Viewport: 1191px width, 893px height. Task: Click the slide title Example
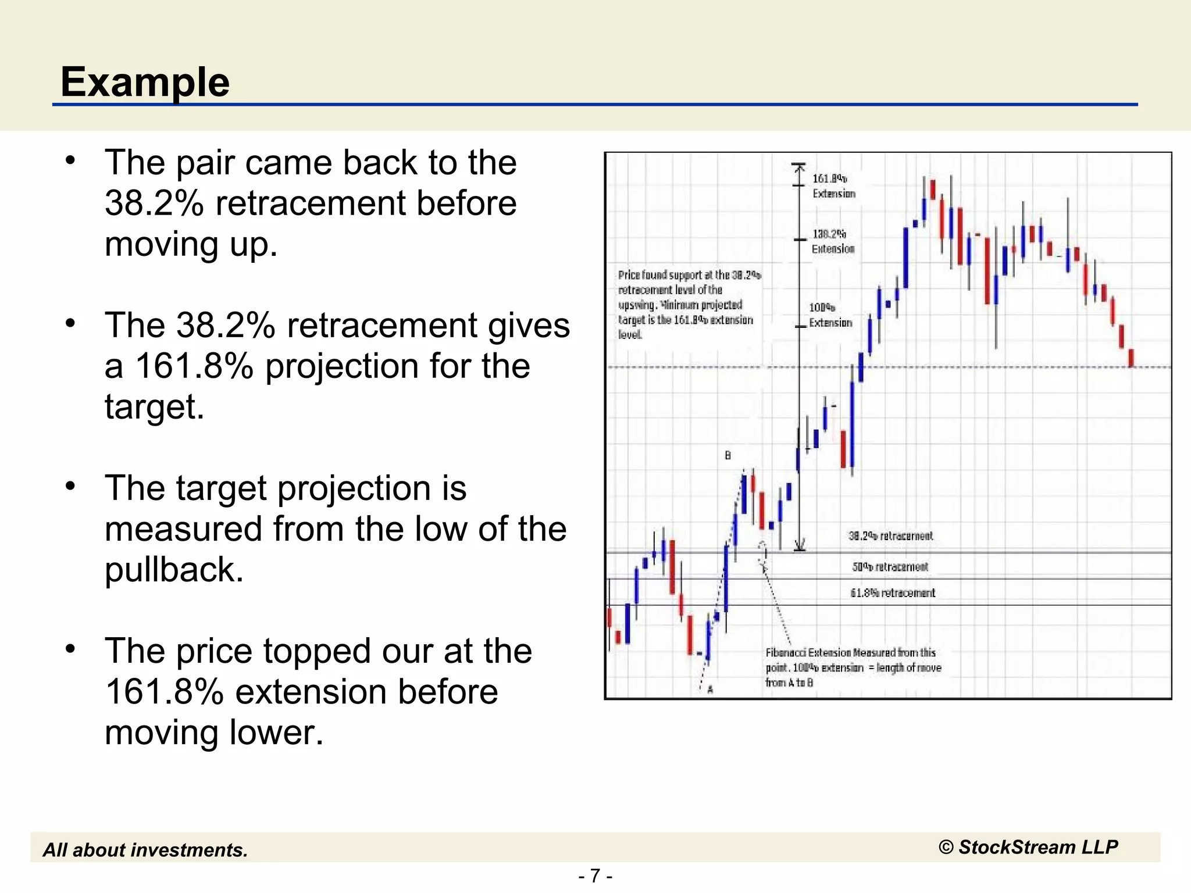145,81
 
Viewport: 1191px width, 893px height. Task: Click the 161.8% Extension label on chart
833,186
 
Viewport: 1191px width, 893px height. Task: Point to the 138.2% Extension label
833,241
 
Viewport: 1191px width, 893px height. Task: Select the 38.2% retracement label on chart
890,535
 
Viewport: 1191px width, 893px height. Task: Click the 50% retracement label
890,566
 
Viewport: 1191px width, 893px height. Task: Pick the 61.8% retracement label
892,592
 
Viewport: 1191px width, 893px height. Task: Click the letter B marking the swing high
728,455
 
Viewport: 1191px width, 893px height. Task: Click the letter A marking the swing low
710,690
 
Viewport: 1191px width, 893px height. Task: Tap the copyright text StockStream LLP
1028,847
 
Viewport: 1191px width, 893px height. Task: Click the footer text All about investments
145,850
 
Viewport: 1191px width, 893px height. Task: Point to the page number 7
595,876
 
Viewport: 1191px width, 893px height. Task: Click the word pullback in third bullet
174,569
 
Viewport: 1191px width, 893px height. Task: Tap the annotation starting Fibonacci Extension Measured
853,667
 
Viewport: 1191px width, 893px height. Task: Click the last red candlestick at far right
1131,358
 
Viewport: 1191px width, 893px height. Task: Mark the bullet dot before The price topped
71,649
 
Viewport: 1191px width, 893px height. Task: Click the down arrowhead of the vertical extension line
800,545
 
